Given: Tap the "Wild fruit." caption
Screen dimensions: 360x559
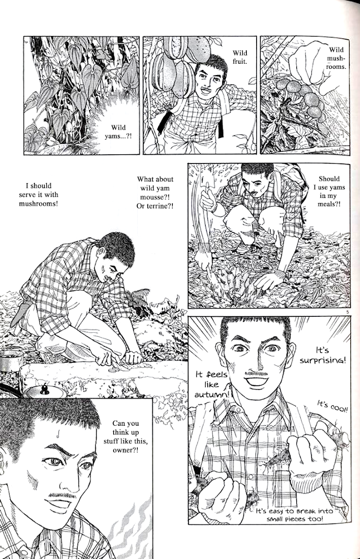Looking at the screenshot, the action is point(240,57).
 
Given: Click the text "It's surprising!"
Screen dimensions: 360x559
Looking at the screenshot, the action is point(322,355).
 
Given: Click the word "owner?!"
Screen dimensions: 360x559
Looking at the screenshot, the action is point(125,450).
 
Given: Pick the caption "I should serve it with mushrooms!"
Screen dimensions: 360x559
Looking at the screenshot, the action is point(39,195).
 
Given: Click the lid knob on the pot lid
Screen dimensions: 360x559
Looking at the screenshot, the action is point(45,389).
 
